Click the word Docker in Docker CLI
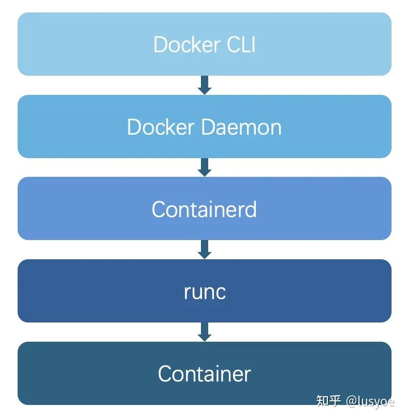click(x=180, y=45)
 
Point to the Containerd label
click(x=204, y=209)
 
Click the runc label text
click(x=205, y=292)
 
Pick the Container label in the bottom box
click(x=204, y=374)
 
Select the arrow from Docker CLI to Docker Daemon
click(x=205, y=85)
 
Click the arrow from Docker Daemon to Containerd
click(x=205, y=167)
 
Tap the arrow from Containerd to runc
click(x=205, y=249)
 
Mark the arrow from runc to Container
click(x=205, y=332)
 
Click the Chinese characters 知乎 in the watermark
click(x=329, y=401)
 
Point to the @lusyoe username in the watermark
click(x=370, y=401)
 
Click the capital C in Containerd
click(x=158, y=209)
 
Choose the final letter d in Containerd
click(x=251, y=209)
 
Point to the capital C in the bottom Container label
click(x=165, y=374)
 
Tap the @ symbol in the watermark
click(x=351, y=401)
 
